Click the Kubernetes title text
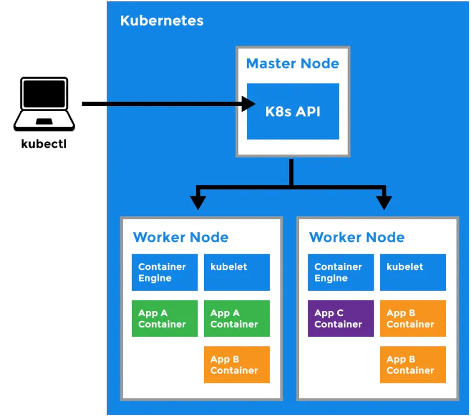pyautogui.click(x=162, y=21)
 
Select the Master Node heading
pyautogui.click(x=293, y=64)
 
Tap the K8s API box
pyautogui.click(x=293, y=111)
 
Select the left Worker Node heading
pyautogui.click(x=180, y=237)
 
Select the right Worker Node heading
pyautogui.click(x=356, y=237)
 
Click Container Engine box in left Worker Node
pyautogui.click(x=165, y=272)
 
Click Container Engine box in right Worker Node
pyautogui.click(x=341, y=272)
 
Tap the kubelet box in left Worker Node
pyautogui.click(x=236, y=272)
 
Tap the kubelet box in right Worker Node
pyautogui.click(x=412, y=272)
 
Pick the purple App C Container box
pyautogui.click(x=341, y=319)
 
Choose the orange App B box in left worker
pyautogui.click(x=236, y=365)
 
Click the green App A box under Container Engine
pyautogui.click(x=165, y=319)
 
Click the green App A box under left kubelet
pyautogui.click(x=236, y=319)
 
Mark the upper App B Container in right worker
pyautogui.click(x=412, y=319)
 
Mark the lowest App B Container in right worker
pyautogui.click(x=412, y=365)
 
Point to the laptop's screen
pyautogui.click(x=45, y=94)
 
